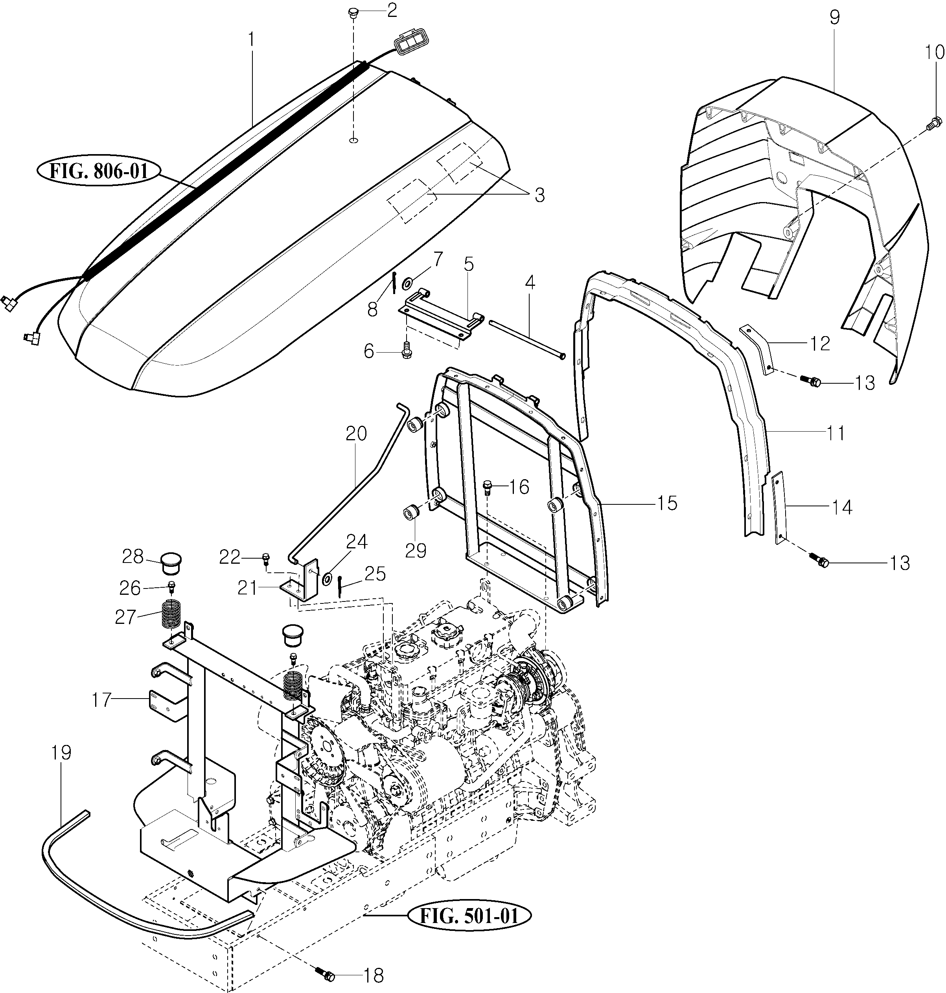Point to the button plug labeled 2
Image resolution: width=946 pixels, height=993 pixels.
(353, 12)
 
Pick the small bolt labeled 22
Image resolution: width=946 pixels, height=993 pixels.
(266, 557)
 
